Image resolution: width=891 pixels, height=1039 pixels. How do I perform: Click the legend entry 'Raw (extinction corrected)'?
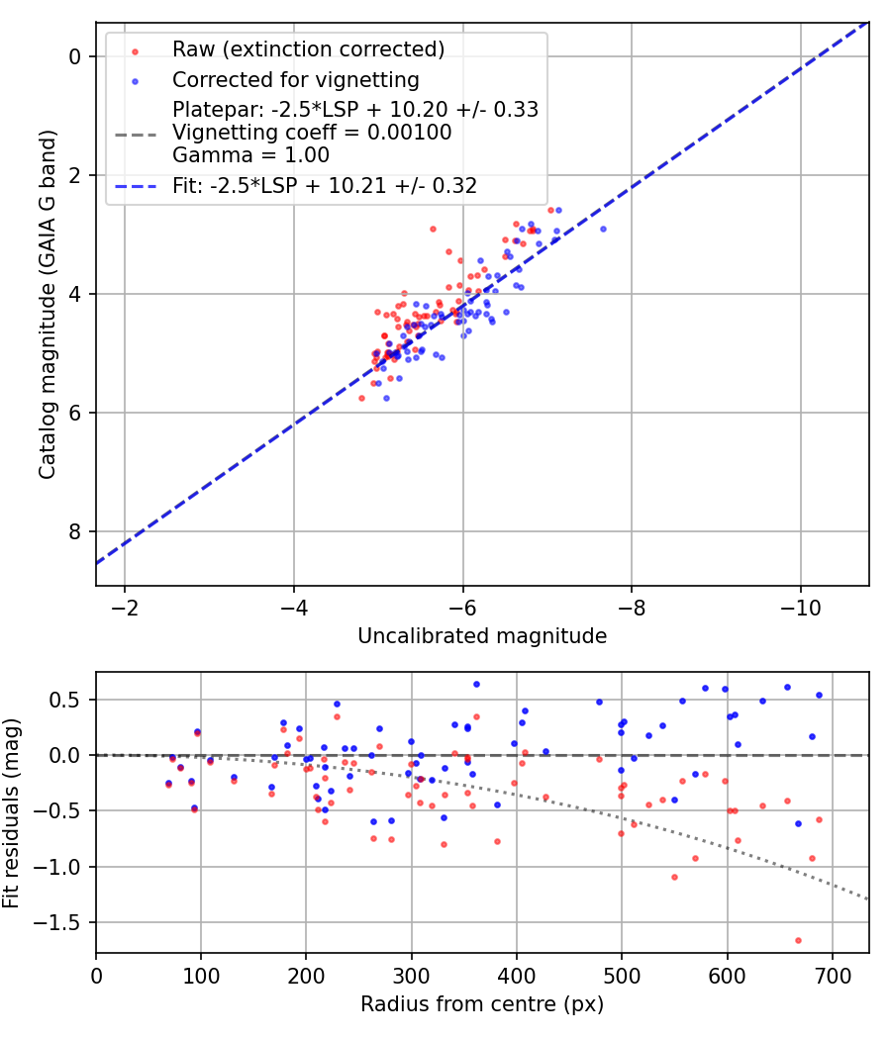(x=307, y=49)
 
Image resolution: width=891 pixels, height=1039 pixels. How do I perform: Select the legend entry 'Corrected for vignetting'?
(x=295, y=80)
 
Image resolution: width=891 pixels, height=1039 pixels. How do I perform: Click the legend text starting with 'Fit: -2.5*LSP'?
(x=325, y=186)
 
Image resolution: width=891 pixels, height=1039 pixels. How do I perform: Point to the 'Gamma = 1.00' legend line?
(x=250, y=155)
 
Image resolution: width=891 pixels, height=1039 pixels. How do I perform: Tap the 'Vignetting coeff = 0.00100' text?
(x=312, y=133)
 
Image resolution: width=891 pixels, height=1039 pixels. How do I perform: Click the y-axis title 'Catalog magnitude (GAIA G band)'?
(x=47, y=304)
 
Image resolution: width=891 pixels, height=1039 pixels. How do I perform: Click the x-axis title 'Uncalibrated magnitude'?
(x=482, y=636)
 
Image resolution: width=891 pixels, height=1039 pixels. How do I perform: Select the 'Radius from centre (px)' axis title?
(x=482, y=1004)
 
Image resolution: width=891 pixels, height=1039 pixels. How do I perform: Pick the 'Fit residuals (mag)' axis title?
(x=12, y=812)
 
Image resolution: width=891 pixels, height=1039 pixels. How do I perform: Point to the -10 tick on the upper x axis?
(x=801, y=607)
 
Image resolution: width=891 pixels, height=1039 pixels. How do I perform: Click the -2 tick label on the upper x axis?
(x=125, y=607)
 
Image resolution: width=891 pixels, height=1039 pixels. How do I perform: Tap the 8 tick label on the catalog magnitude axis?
(x=73, y=531)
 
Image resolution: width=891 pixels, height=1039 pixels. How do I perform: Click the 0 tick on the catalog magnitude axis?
(x=73, y=56)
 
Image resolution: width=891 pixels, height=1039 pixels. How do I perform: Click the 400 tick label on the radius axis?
(x=517, y=975)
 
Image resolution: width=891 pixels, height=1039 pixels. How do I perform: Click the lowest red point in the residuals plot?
(x=798, y=940)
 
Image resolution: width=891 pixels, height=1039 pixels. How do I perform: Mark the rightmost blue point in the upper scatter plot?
(x=603, y=229)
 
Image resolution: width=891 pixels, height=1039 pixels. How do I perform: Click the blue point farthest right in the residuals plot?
(x=819, y=695)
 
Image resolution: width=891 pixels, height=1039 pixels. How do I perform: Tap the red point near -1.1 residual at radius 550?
(x=674, y=877)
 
